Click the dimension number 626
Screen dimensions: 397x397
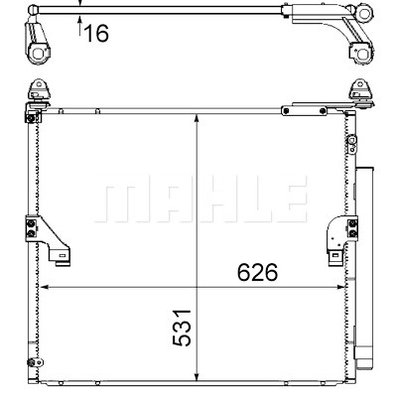(257, 272)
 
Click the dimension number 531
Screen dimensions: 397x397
(182, 328)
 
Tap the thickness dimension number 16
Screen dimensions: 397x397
(96, 33)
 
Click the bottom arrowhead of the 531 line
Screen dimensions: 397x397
(198, 376)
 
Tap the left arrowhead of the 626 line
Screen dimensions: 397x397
(45, 287)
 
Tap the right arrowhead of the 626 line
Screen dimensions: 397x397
(339, 287)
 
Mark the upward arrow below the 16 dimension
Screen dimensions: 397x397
(79, 26)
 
